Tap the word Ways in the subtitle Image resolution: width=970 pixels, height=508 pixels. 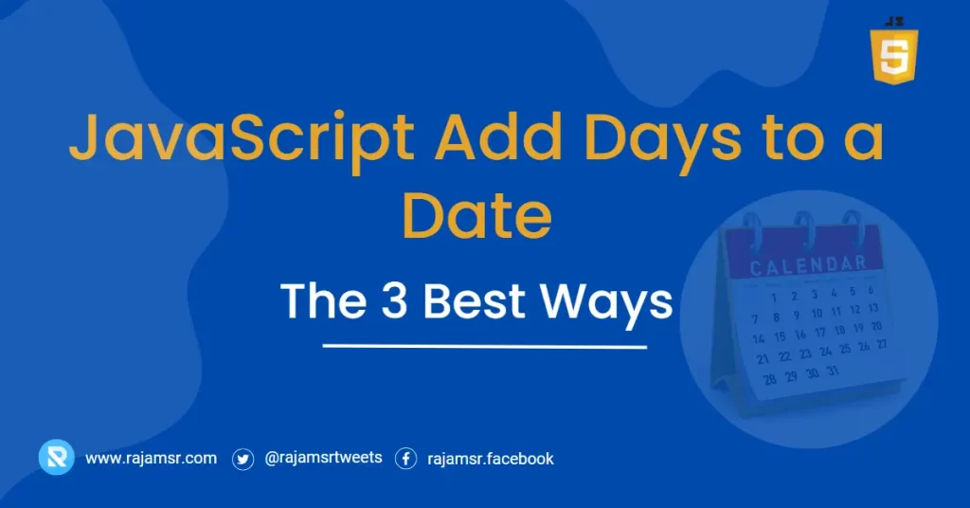coord(606,301)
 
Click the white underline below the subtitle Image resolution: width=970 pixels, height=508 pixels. coord(484,346)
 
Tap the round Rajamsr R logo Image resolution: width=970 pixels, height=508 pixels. coord(56,458)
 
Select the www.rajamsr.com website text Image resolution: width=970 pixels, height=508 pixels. coord(151,459)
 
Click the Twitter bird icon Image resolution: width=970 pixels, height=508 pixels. coord(243,459)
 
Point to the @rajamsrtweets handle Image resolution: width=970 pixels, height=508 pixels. coord(323,458)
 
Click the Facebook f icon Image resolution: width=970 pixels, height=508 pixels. coord(405,459)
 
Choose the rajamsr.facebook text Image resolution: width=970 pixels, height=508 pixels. coord(491,459)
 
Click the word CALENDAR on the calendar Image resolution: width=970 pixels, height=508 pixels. coord(808,266)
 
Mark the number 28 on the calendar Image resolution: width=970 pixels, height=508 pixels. coord(769,379)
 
